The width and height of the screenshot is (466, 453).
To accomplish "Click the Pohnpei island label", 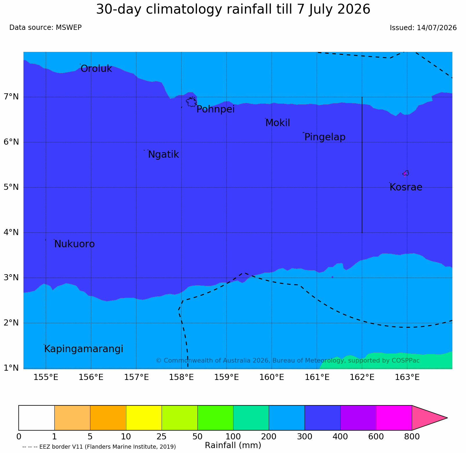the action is pos(215,110).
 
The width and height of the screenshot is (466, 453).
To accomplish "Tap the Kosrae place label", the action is pos(406,187).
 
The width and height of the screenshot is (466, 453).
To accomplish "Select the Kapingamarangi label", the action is pos(84,349).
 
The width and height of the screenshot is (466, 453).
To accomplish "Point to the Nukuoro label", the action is pos(74,244).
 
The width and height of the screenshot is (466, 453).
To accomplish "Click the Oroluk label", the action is pos(96,69).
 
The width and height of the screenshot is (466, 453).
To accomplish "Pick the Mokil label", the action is pos(278,123).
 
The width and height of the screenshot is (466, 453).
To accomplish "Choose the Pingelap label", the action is pos(325,137).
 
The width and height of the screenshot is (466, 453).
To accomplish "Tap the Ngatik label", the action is pos(163,154).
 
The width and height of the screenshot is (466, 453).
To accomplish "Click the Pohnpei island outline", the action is pos(191,102).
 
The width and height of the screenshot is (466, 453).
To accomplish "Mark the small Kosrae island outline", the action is pos(406,173).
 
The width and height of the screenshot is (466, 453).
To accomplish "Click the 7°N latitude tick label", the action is pos(11,97).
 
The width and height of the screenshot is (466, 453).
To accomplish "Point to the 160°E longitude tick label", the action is pos(272,377).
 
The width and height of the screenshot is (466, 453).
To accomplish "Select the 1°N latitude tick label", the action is pos(11,368).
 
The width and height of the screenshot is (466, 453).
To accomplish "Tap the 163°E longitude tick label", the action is pos(407,377).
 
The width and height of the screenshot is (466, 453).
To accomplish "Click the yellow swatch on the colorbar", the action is pos(144,418).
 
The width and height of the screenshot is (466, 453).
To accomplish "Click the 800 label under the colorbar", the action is pos(412,436).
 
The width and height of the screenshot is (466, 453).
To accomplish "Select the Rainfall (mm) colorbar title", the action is pos(233,445).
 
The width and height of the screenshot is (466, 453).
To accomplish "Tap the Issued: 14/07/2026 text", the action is pos(423,28).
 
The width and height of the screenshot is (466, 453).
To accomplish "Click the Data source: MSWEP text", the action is pos(45,28).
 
